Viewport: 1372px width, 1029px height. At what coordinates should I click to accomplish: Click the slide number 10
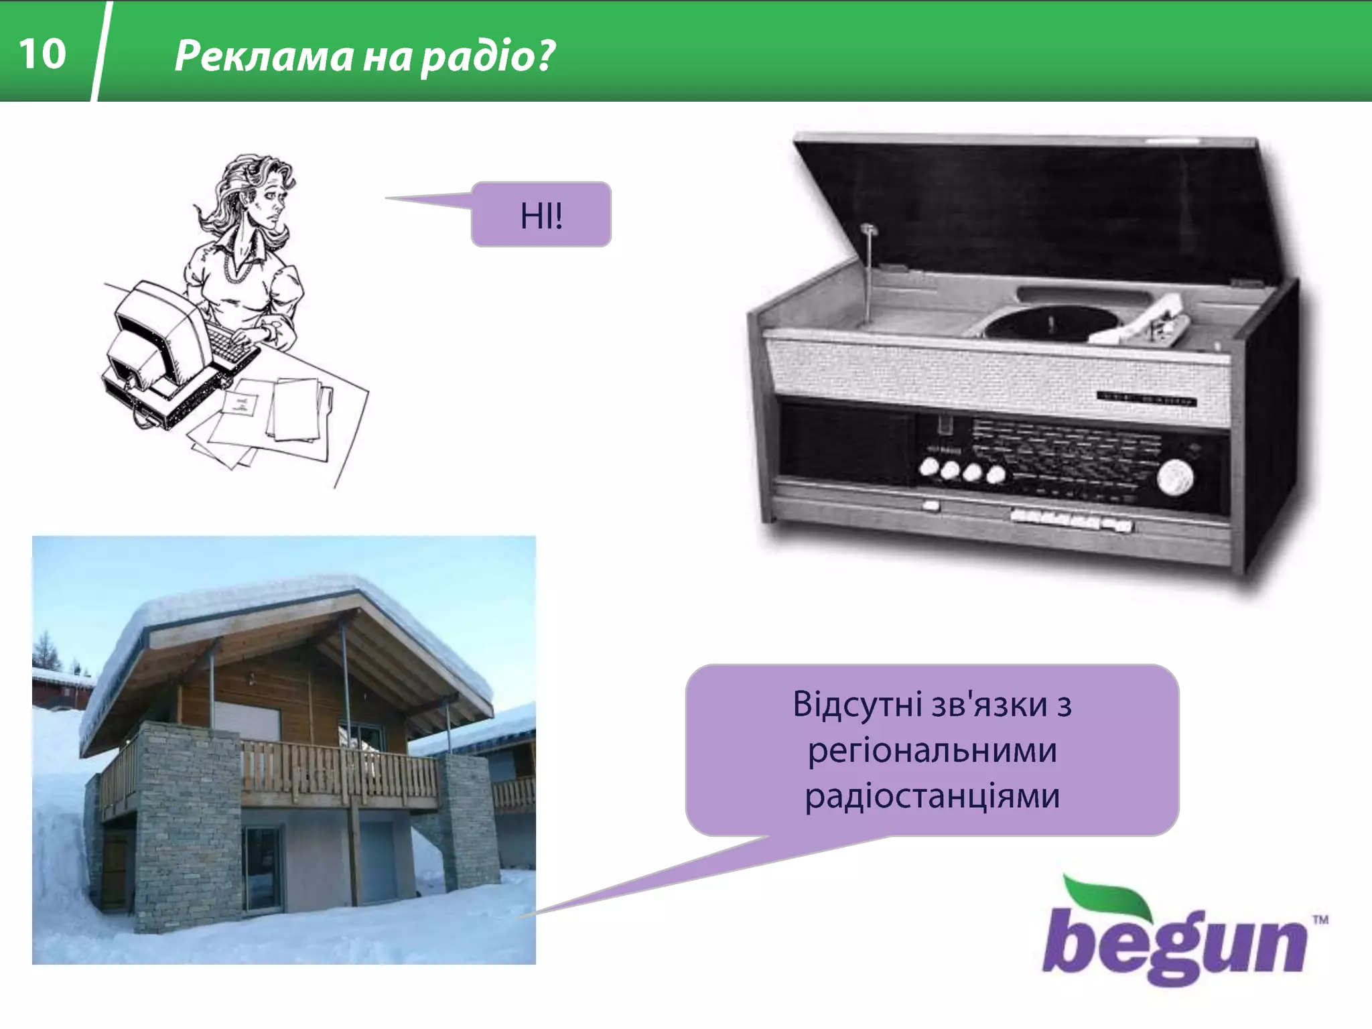[42, 54]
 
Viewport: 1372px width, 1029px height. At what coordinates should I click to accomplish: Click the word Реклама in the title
[263, 56]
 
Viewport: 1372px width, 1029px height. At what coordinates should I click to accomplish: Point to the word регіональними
[932, 750]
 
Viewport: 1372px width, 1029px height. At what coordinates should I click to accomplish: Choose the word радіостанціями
[932, 797]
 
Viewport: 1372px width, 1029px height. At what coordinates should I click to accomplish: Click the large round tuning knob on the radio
[1175, 478]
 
